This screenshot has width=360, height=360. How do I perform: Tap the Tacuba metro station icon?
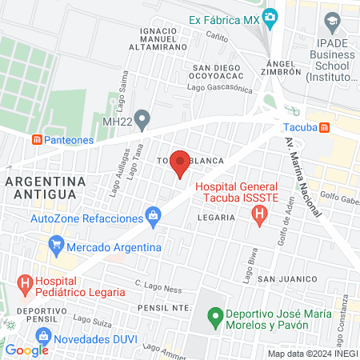(325, 127)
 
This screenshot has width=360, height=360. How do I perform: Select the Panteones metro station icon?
(37, 139)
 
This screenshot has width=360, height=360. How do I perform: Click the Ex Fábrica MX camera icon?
(270, 17)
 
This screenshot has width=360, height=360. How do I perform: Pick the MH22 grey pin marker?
(142, 119)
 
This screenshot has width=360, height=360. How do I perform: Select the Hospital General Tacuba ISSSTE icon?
(258, 214)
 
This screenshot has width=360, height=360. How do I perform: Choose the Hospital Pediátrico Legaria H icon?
(26, 282)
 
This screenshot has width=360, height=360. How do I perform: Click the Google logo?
(27, 350)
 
